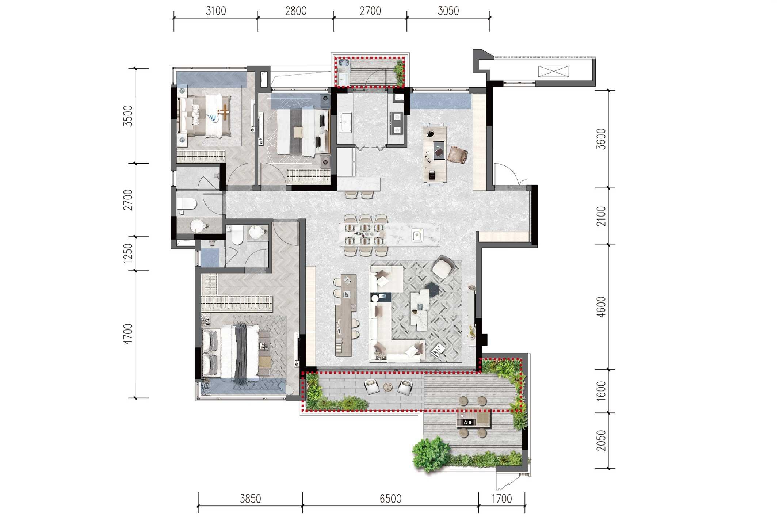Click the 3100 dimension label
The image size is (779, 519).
[x=216, y=11]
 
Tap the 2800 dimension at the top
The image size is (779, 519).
[x=296, y=11]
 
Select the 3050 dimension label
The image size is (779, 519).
[x=448, y=11]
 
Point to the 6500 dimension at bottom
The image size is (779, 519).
[x=390, y=499]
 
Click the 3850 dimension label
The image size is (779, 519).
[x=251, y=499]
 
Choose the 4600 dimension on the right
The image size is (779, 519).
[x=601, y=307]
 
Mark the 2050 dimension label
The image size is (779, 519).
[x=601, y=440]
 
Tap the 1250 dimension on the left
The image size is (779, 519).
[x=127, y=253]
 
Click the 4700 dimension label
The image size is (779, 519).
[x=127, y=334]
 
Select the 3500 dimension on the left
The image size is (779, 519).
[x=127, y=116]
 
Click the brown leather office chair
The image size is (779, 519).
[x=458, y=155]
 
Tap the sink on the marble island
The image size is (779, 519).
[x=417, y=235]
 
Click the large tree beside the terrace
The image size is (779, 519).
[x=431, y=454]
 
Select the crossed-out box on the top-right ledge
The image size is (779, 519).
[x=553, y=71]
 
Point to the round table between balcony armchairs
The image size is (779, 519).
[x=387, y=386]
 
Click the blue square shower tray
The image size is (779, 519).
[x=210, y=257]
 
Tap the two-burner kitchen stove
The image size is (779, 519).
[x=397, y=123]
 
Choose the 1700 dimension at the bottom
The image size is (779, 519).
[x=502, y=499]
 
